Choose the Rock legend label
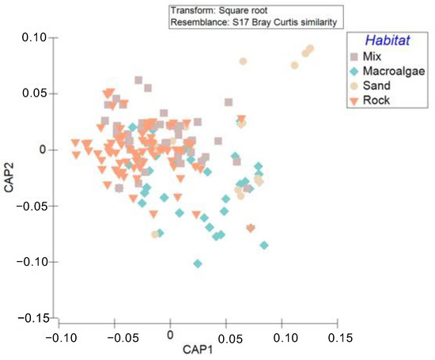click(x=380, y=100)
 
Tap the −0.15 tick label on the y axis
click(x=32, y=318)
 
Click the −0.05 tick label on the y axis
click(x=32, y=206)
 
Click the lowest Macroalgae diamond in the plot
click(x=198, y=263)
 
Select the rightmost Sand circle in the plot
click(x=310, y=49)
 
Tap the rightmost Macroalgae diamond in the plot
click(x=264, y=245)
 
